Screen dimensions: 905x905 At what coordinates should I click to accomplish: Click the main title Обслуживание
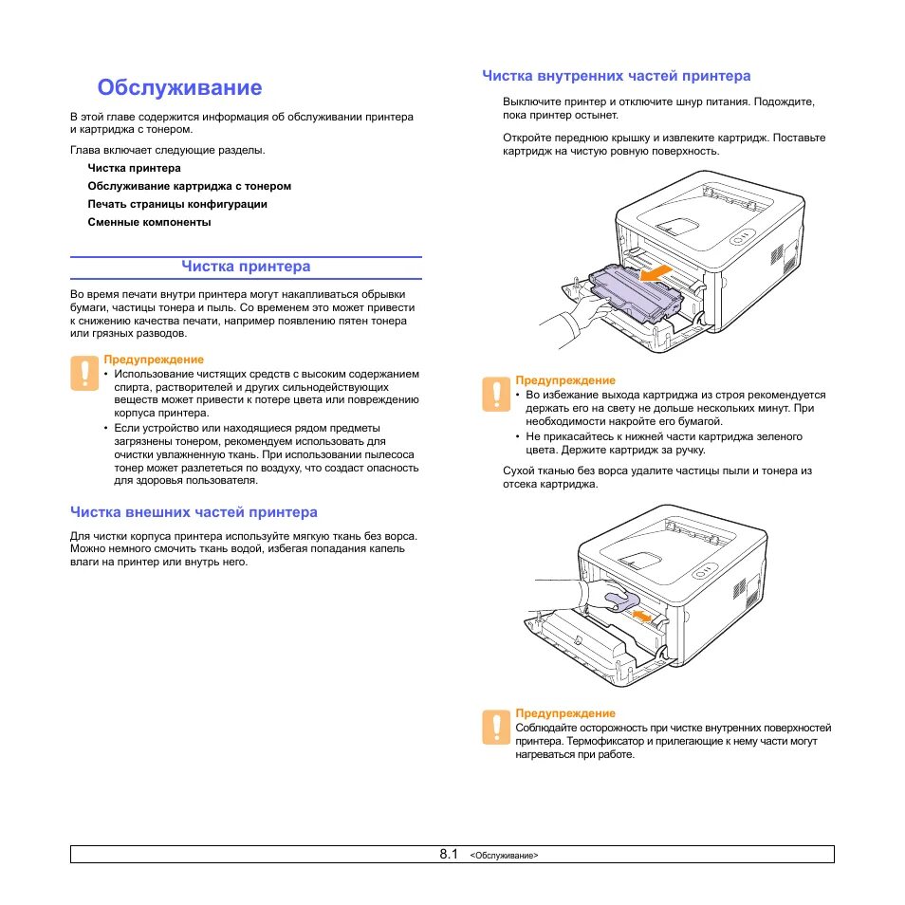click(179, 88)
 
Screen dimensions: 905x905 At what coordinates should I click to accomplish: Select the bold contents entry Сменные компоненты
click(149, 222)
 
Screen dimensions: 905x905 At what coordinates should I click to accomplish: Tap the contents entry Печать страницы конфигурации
click(177, 204)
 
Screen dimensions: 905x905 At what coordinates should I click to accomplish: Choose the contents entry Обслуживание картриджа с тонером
click(189, 186)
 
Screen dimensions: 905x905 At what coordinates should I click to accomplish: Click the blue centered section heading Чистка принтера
click(246, 266)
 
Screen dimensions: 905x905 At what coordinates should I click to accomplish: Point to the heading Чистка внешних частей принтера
click(194, 512)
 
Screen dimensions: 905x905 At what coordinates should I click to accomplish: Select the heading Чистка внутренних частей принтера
click(616, 76)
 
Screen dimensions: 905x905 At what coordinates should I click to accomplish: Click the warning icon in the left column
click(83, 373)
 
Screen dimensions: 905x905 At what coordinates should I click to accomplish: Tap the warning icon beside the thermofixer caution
click(495, 726)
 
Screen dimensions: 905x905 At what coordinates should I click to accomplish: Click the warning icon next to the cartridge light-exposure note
click(495, 394)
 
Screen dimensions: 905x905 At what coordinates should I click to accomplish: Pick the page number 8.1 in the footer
click(449, 854)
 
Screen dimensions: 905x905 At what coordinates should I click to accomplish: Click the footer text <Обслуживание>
click(504, 855)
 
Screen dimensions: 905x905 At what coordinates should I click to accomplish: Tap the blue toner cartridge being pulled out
click(637, 289)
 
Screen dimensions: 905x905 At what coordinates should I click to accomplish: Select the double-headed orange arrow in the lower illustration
click(642, 617)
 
